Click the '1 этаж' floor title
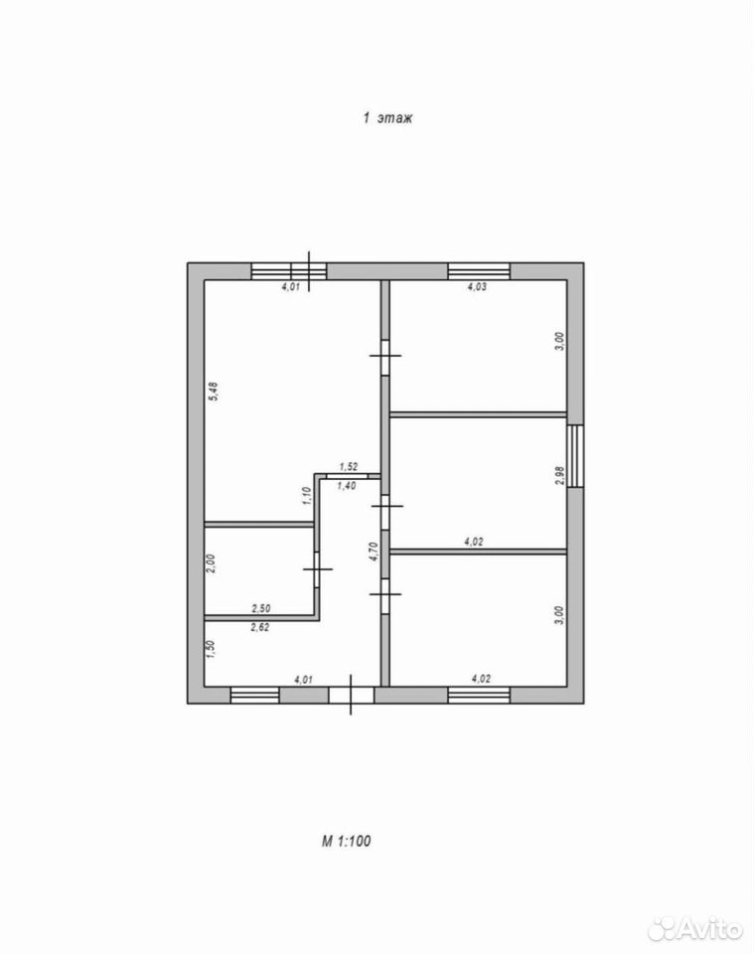coord(388,117)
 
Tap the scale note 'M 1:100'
coord(346,842)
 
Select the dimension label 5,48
coord(213,391)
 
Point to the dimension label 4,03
coord(477,286)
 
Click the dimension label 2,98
coord(560,476)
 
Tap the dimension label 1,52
coord(349,467)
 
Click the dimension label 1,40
coord(346,486)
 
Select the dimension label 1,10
coord(306,496)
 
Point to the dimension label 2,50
coord(261,608)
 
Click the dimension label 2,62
coord(259,627)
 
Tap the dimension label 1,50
coord(211,650)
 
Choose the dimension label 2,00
coord(211,563)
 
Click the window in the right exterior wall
coord(575,456)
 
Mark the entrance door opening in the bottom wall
coord(351,696)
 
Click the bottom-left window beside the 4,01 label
coord(254,696)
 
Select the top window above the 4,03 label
coord(479,271)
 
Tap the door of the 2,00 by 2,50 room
coord(317,568)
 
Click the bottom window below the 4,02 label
coord(479,696)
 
